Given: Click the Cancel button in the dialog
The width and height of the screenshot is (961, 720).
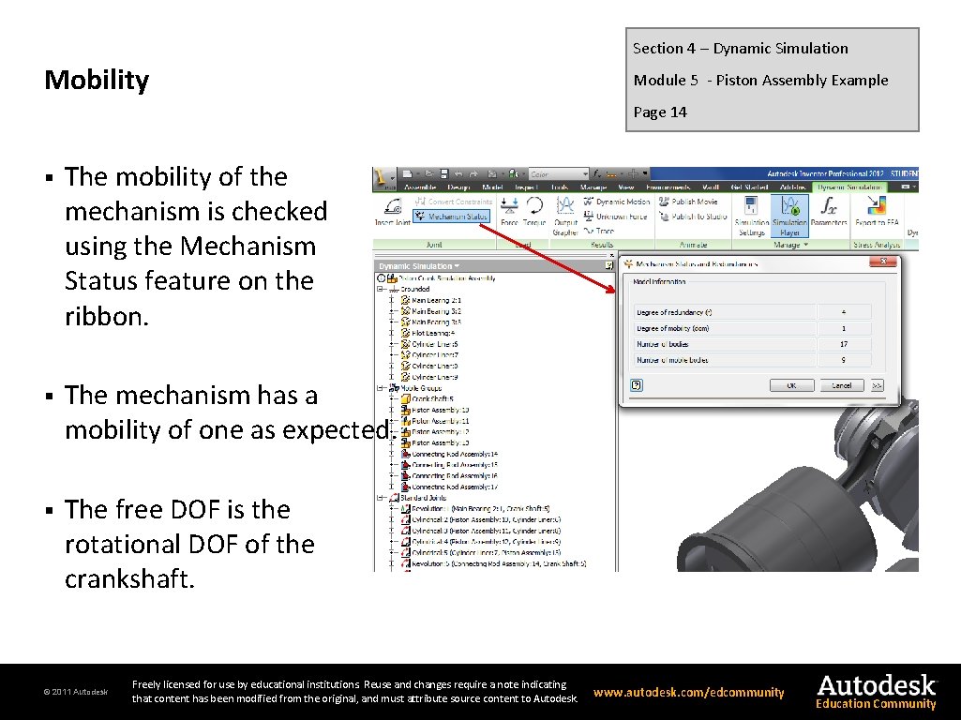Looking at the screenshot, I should (841, 385).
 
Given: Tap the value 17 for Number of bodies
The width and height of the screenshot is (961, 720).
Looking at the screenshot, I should (844, 344).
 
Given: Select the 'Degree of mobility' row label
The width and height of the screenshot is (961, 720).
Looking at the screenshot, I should (673, 328).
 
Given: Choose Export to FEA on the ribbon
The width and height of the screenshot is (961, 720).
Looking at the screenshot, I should (878, 214).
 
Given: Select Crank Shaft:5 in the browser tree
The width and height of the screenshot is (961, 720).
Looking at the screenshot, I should (434, 398).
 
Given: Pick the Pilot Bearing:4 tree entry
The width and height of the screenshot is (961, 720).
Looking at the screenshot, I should (432, 333).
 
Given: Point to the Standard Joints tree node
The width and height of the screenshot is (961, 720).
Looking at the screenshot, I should (423, 498).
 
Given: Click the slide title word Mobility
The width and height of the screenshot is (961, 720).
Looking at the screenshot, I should (97, 81).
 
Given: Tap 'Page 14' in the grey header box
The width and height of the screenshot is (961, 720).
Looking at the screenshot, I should (660, 112).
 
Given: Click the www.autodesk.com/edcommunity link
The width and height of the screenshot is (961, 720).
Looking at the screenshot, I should (688, 693).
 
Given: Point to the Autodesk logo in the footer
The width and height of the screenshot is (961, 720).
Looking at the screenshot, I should (876, 690).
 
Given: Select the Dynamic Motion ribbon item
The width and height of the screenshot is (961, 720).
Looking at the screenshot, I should (622, 202).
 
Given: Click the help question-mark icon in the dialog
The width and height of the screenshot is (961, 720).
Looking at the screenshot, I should (637, 384).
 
